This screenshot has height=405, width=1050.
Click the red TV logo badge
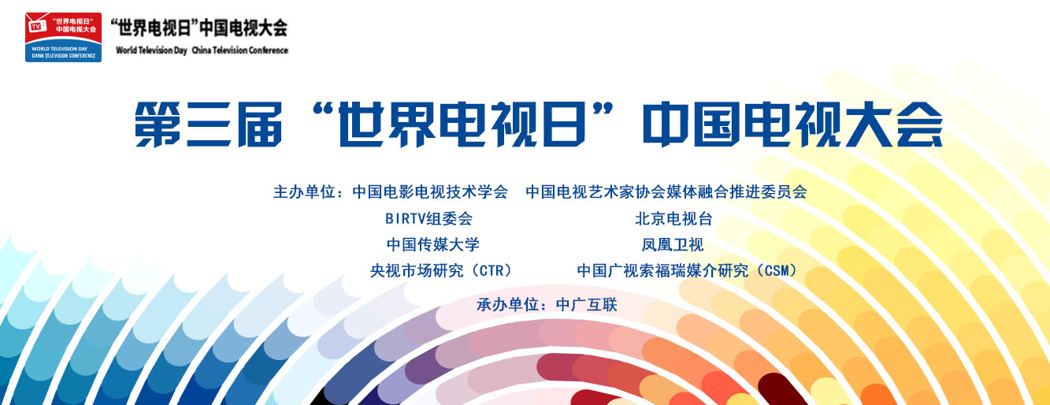63,37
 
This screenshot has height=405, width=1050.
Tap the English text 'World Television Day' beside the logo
151,50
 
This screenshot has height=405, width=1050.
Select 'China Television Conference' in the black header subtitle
240,50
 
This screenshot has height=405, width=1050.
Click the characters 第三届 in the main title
209,124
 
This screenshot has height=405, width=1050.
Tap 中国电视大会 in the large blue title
792,124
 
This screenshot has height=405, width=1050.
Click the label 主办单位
304,191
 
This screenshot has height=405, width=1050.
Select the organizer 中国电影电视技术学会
430,191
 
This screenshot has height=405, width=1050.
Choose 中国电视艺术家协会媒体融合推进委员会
666,191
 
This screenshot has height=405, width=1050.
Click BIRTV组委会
429,218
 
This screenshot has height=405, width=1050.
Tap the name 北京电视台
673,218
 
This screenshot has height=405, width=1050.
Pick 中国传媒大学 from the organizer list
433,244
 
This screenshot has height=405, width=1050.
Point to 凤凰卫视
673,244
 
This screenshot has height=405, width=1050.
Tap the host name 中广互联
586,305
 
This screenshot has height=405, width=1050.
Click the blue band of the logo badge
63,50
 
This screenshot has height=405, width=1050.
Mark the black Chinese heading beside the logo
198,28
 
